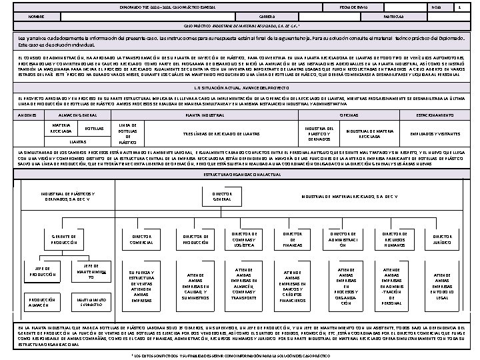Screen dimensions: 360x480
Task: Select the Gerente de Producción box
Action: pos(65,239)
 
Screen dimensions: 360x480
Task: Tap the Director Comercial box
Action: pos(141,239)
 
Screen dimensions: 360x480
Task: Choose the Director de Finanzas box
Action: pos(293,239)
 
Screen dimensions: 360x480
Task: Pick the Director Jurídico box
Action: pos(442,239)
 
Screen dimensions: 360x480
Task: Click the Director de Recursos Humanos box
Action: pos(395,239)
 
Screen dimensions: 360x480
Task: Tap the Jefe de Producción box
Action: pos(42,271)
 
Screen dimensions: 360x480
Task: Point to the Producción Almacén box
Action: pos(42,303)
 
